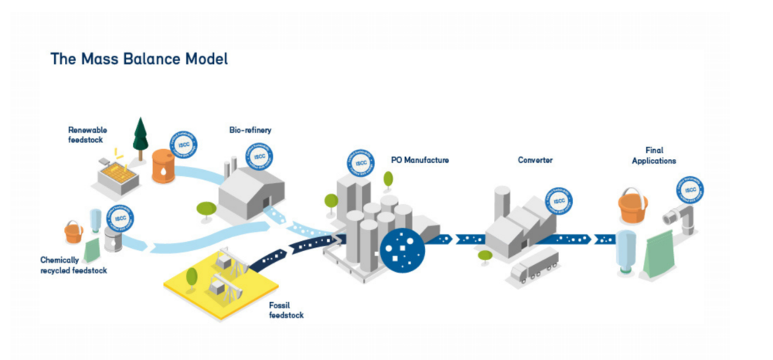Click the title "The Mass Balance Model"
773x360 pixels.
[139, 59]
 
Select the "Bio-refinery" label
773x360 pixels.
[250, 131]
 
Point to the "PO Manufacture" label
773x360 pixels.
[420, 160]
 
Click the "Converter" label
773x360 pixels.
[536, 160]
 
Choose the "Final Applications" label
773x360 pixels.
[654, 155]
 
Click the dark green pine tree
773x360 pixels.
[141, 137]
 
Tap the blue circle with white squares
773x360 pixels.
[401, 250]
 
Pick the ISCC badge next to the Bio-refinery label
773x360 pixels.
[259, 157]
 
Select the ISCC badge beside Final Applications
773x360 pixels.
[690, 192]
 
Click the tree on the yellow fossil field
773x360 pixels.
[191, 276]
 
